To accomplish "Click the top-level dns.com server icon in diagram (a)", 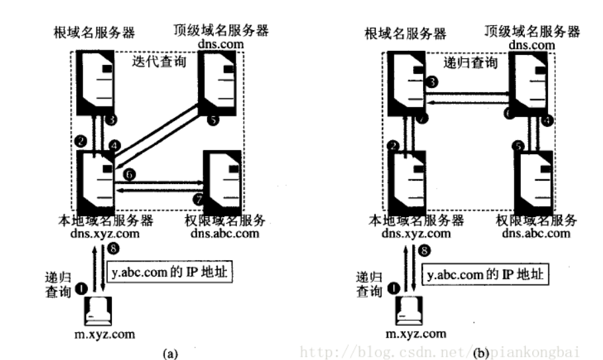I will (x=218, y=83).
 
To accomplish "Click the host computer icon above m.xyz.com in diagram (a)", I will (x=99, y=310).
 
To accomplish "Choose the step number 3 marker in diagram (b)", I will (x=432, y=82).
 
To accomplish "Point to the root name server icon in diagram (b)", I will (x=404, y=83).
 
